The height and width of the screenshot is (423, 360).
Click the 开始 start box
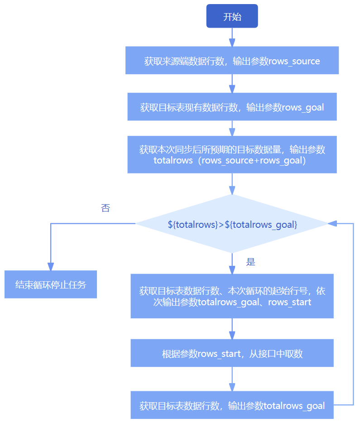tap(232, 16)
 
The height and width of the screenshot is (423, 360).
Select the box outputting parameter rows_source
tap(232, 61)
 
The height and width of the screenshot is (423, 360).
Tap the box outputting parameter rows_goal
tap(232, 107)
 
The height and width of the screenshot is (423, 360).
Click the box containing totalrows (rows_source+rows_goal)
tap(232, 154)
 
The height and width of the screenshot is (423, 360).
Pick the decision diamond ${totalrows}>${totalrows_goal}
tap(232, 224)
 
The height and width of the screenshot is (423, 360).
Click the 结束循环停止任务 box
tap(51, 285)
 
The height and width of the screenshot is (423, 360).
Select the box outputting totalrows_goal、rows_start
tap(232, 296)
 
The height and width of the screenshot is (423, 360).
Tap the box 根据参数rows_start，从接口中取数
tap(232, 353)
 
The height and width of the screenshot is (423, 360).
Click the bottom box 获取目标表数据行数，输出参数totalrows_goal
tap(232, 405)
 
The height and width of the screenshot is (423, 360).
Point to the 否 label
tap(105, 208)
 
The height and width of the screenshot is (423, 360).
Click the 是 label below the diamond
tap(250, 262)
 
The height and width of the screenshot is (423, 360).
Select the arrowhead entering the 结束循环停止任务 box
tap(51, 267)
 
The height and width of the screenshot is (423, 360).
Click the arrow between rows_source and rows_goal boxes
tap(232, 84)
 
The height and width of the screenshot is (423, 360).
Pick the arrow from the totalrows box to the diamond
tap(232, 184)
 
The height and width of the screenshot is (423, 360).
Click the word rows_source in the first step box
tap(294, 61)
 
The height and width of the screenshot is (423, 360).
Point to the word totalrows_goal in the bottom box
tap(294, 406)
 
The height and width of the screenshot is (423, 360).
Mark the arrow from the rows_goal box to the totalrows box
tap(232, 129)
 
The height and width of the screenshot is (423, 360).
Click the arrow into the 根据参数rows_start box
tap(232, 329)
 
